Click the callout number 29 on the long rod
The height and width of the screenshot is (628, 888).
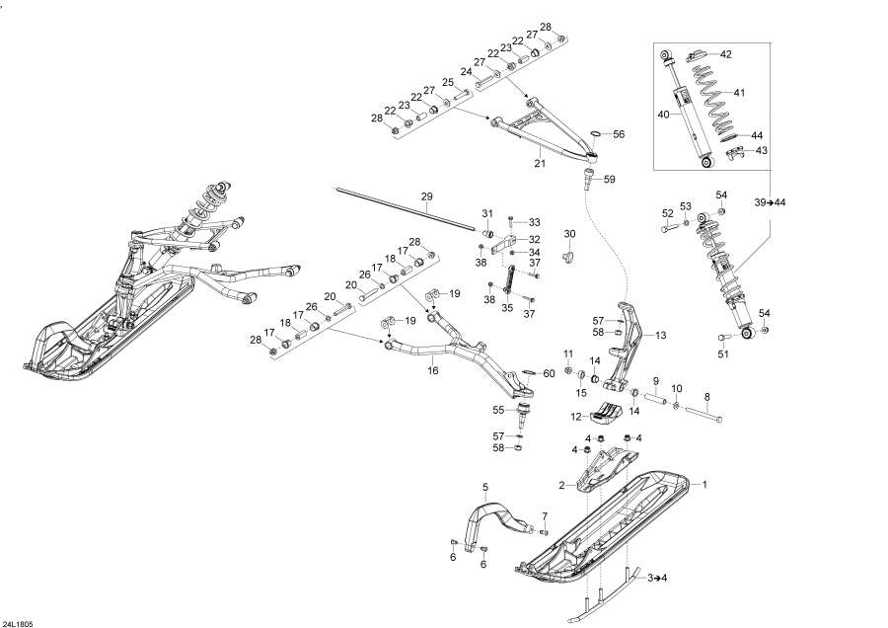point(426,197)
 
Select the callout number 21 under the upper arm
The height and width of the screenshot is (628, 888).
point(539,162)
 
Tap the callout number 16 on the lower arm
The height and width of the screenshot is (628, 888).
point(432,371)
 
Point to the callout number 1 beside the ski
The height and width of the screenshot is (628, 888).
point(704,485)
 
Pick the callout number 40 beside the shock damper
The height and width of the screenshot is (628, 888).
point(663,114)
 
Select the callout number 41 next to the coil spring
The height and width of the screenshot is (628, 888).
point(739,93)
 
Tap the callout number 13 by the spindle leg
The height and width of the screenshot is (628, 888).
point(660,336)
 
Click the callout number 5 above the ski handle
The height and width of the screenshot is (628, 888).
point(485,488)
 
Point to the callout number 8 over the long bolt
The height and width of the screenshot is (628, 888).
point(706,397)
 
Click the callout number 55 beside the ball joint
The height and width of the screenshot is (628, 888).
point(498,409)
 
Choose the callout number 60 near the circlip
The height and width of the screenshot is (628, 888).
point(550,373)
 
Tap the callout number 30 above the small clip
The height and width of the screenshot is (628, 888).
point(569,234)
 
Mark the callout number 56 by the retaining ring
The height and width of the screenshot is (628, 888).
point(619,133)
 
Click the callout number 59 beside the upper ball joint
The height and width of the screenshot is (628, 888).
point(609,179)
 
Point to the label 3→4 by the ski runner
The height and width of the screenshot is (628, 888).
point(658,577)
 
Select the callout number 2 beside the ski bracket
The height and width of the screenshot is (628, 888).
point(561,485)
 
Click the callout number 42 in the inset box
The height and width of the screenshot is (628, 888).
point(725,54)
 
